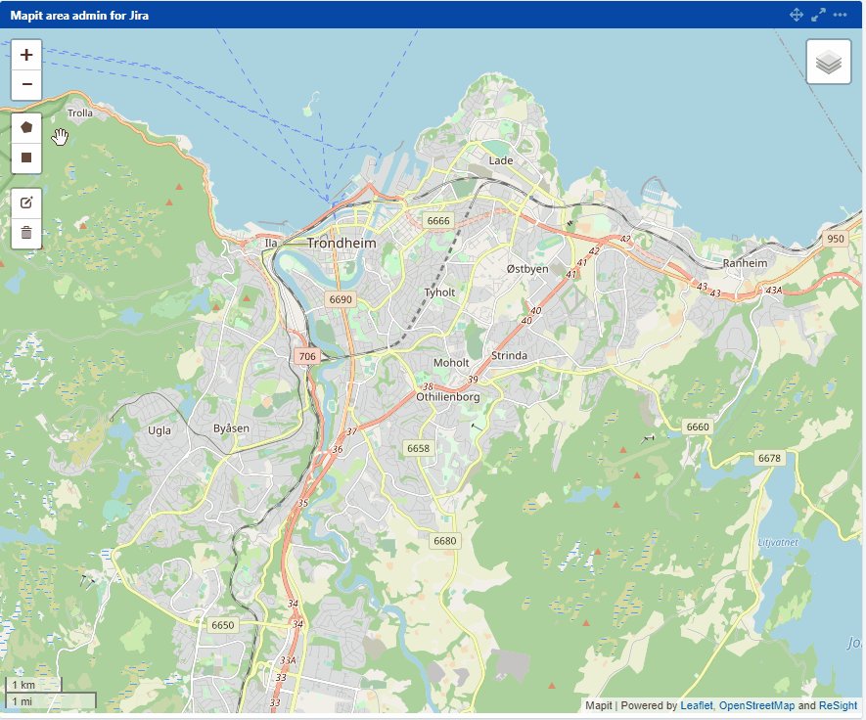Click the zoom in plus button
click(x=26, y=55)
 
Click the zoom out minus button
click(x=26, y=85)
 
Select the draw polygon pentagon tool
click(x=26, y=127)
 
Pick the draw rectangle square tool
click(x=26, y=157)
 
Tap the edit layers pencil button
click(x=26, y=202)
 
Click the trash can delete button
click(x=26, y=233)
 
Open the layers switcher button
click(x=828, y=62)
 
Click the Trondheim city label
click(x=342, y=243)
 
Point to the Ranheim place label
click(x=745, y=263)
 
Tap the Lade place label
click(x=501, y=159)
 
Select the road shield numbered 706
click(x=307, y=357)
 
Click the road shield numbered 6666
click(x=438, y=221)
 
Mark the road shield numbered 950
click(x=835, y=239)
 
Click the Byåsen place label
click(x=231, y=428)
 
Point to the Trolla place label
click(x=80, y=112)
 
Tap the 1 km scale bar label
click(x=23, y=685)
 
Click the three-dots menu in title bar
click(x=840, y=15)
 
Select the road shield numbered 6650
click(x=223, y=624)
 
